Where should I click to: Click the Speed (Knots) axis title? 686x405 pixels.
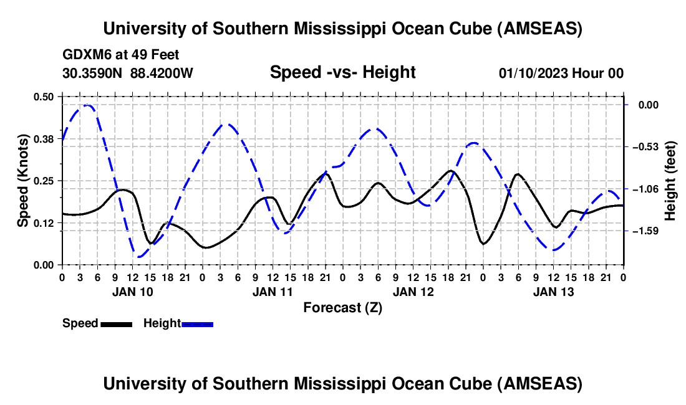click(23, 180)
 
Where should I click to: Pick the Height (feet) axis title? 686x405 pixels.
click(670, 180)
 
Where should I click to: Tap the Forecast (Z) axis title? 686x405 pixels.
click(342, 307)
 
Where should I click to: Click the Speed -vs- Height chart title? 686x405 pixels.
click(342, 72)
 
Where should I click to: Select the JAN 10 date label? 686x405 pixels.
click(132, 291)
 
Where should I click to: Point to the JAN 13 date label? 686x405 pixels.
click(553, 291)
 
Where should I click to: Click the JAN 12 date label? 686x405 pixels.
click(413, 291)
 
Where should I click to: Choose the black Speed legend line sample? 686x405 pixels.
click(115, 323)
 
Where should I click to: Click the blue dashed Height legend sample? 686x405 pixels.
click(197, 323)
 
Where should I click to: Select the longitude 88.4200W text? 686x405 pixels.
click(162, 73)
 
